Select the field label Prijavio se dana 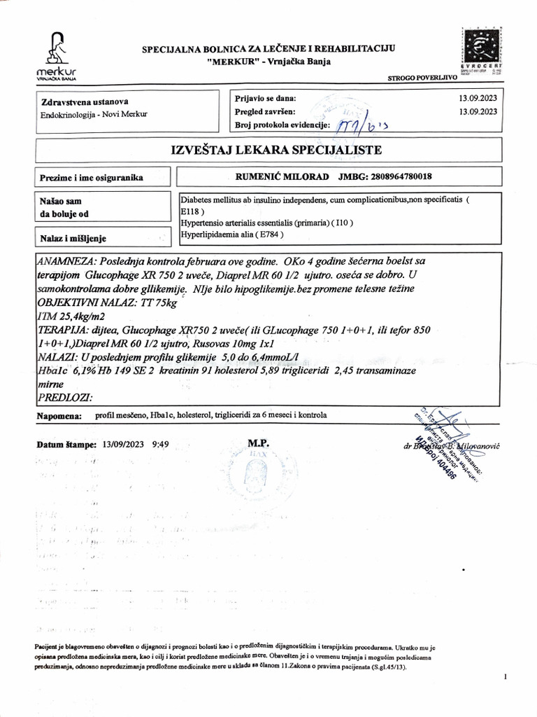pyautogui.click(x=266, y=98)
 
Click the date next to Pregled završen pyautogui.click(x=478, y=111)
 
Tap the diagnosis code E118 pyautogui.click(x=190, y=210)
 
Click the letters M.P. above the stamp pyautogui.click(x=258, y=443)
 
